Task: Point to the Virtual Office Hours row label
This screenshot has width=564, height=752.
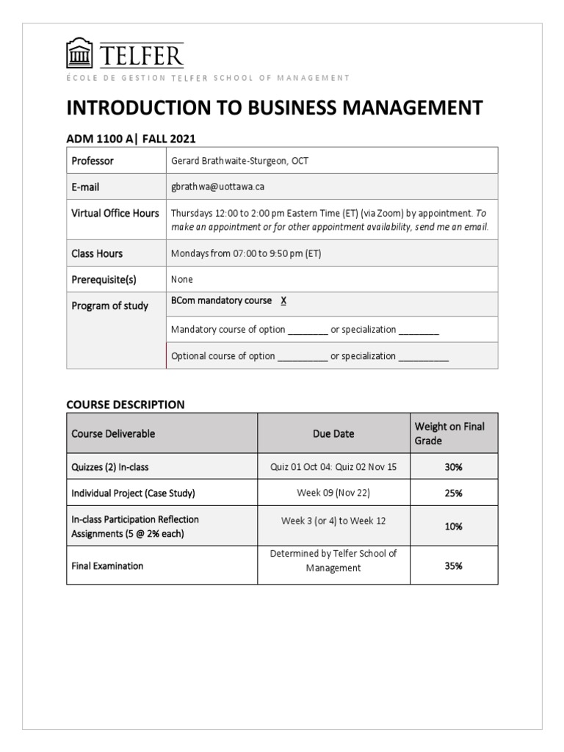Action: pos(115,214)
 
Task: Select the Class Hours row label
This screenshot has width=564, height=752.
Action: pos(97,253)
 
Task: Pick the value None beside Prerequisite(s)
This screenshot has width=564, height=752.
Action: pos(182,280)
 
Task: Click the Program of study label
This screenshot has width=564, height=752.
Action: pos(109,306)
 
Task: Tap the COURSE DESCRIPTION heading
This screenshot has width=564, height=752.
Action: pos(126,405)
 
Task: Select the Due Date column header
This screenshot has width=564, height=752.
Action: pos(333,433)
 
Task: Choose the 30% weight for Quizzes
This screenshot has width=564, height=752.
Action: pos(453,468)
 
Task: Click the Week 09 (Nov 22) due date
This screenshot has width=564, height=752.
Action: pos(333,493)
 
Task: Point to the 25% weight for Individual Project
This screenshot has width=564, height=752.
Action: pos(453,493)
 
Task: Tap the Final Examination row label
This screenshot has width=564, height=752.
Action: pos(107,566)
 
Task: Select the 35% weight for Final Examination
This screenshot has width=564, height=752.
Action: pos(453,566)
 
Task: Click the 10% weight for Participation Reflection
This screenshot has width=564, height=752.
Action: pos(453,527)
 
